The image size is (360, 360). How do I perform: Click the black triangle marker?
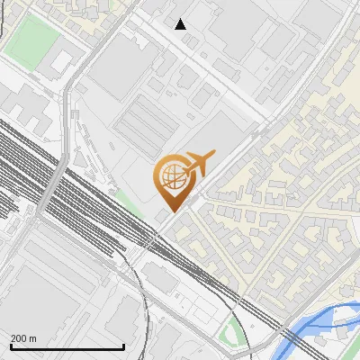(x=181, y=24)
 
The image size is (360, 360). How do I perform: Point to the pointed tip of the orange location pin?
(x=172, y=211)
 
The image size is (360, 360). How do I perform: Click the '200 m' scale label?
(x=23, y=338)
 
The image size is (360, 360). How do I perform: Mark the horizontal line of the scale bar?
(x=67, y=347)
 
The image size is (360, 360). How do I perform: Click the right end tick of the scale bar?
(x=123, y=346)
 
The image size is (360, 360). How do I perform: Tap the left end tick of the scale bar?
(x=10, y=346)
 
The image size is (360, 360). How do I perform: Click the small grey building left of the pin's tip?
(x=162, y=216)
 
